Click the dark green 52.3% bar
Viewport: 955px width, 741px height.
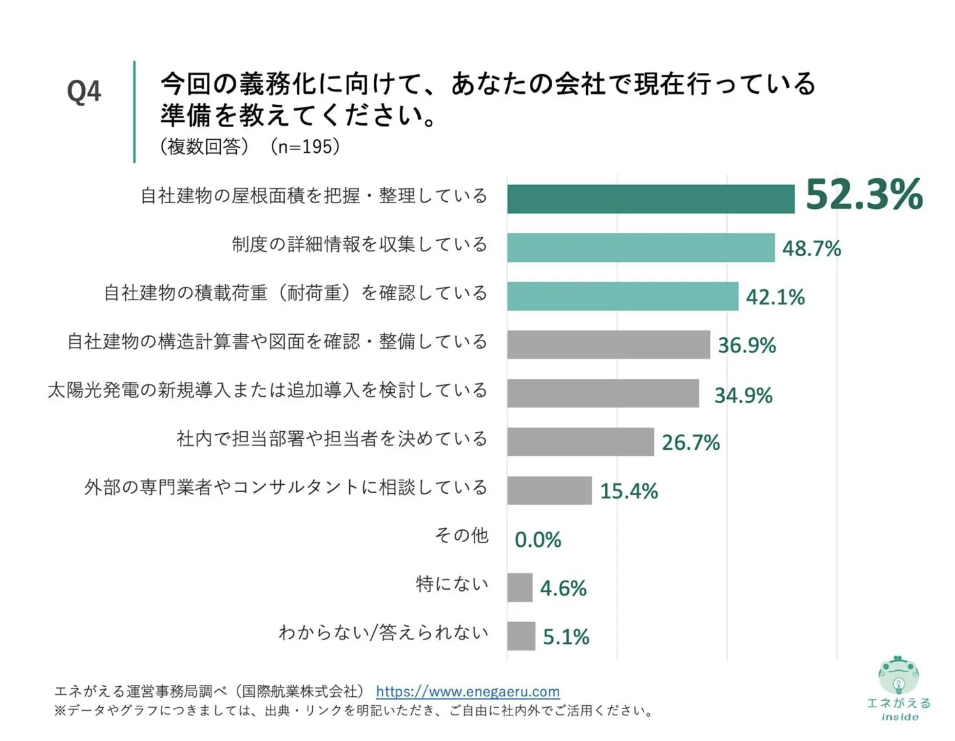[650, 199]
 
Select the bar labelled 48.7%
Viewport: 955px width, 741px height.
[640, 248]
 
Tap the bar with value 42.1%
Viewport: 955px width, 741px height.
[622, 296]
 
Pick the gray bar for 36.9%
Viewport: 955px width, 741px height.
[608, 345]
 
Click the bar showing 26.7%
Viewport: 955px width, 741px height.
[580, 442]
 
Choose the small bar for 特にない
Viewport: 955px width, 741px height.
[520, 588]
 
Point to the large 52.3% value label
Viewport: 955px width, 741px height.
[864, 194]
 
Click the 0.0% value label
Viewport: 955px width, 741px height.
[538, 540]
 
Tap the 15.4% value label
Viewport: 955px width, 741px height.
[629, 491]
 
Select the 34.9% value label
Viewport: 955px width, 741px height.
[743, 395]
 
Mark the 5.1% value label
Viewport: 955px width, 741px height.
[566, 637]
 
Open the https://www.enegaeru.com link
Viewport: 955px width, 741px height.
[467, 691]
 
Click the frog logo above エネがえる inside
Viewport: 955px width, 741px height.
[898, 675]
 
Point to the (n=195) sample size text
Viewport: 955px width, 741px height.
[305, 147]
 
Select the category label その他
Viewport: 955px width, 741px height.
[462, 535]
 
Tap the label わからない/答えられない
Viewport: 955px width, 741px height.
[383, 633]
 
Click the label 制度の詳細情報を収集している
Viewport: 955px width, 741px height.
[359, 245]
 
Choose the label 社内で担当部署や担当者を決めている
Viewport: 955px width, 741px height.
[332, 439]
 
